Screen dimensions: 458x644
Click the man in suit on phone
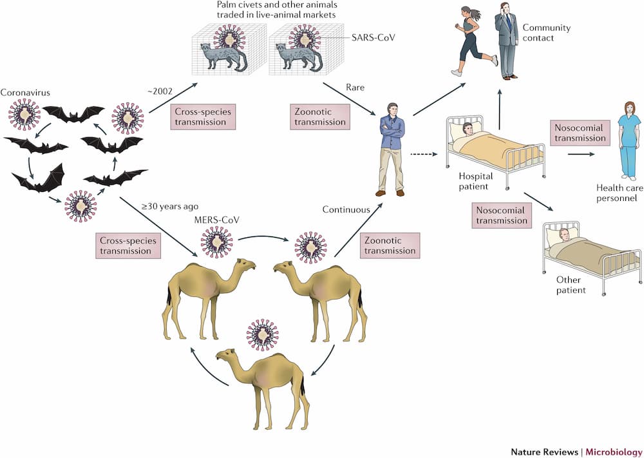click(507, 42)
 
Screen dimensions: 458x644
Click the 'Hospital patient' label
click(476, 180)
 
